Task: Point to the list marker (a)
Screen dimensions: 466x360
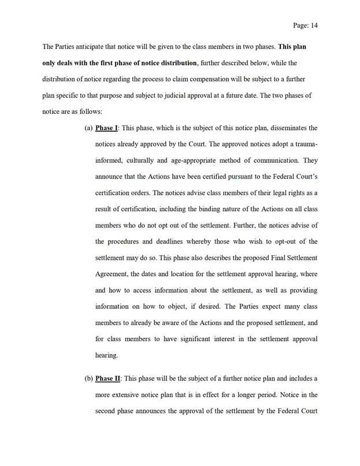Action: (x=89, y=128)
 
